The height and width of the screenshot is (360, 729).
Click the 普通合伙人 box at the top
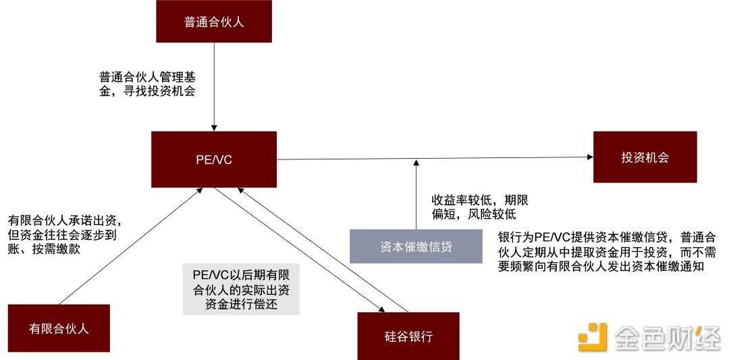coord(214,22)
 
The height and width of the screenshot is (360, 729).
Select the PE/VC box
coord(214,159)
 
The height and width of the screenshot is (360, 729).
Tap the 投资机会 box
coord(645,157)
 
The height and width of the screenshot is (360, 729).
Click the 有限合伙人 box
coord(59,328)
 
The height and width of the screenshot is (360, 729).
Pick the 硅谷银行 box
coord(408,336)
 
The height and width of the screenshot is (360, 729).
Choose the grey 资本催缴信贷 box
coord(416,247)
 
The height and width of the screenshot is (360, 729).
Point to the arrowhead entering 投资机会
coord(589,157)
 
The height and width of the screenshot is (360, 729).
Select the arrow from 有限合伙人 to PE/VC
coord(128,247)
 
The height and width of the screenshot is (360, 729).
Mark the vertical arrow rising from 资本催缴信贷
coord(416,196)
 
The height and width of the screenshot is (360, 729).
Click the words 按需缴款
coord(67,249)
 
